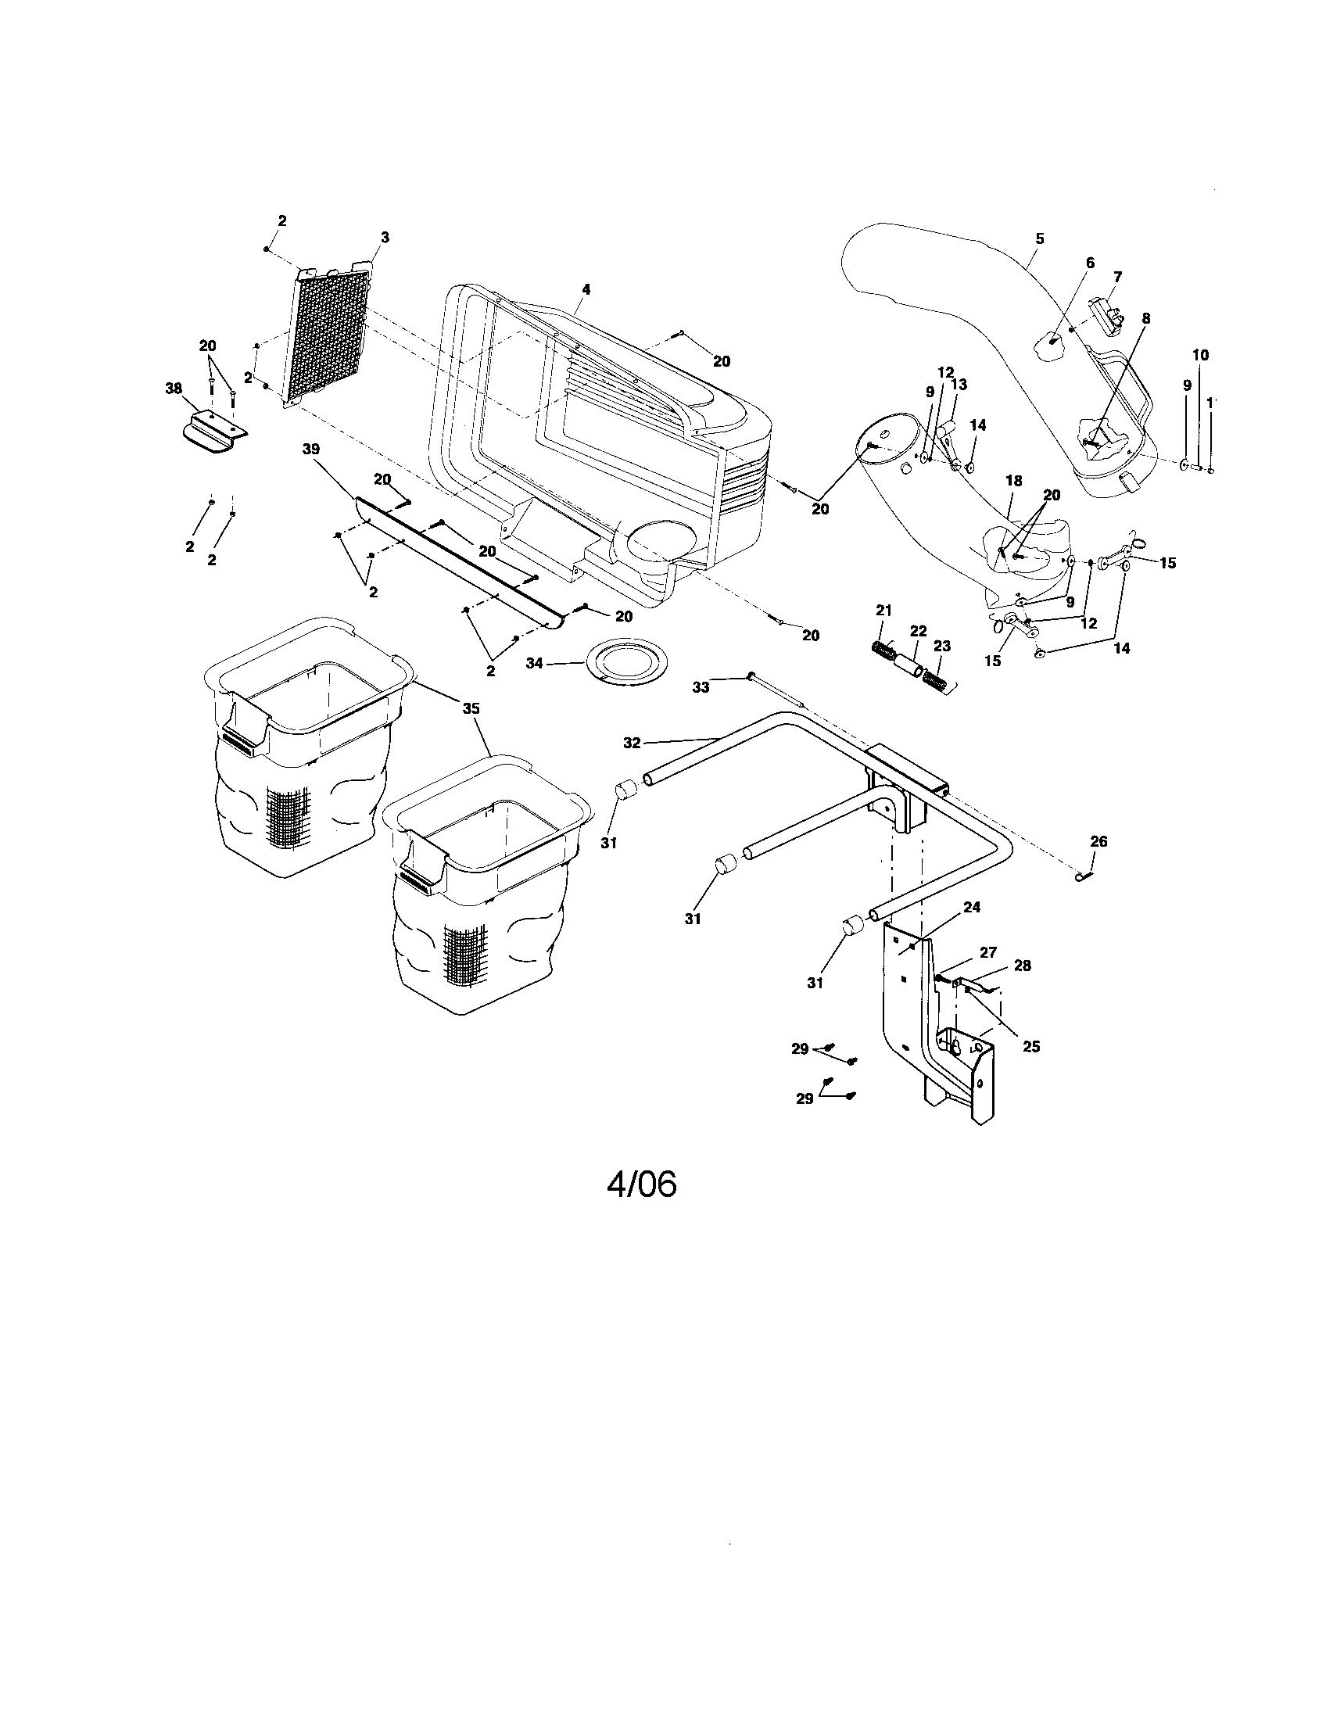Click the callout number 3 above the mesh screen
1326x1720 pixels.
[x=384, y=237]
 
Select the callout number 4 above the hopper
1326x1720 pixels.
[x=585, y=289]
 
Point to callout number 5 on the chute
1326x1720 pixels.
[x=1039, y=238]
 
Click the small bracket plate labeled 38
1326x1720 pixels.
[x=210, y=431]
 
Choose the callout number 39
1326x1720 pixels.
[x=312, y=471]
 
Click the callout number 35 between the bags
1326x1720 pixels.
[x=470, y=708]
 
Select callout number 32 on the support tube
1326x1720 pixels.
[x=632, y=742]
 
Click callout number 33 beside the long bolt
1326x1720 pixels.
[x=700, y=686]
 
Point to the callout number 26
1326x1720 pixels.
[x=1098, y=841]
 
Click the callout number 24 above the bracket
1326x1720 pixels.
[x=972, y=907]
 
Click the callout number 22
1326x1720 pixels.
[x=918, y=631]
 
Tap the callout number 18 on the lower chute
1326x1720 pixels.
[x=1013, y=480]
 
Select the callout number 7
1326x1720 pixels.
[x=1117, y=277]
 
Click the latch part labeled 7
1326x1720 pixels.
[x=1105, y=313]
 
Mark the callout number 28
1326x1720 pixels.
[x=1022, y=965]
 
